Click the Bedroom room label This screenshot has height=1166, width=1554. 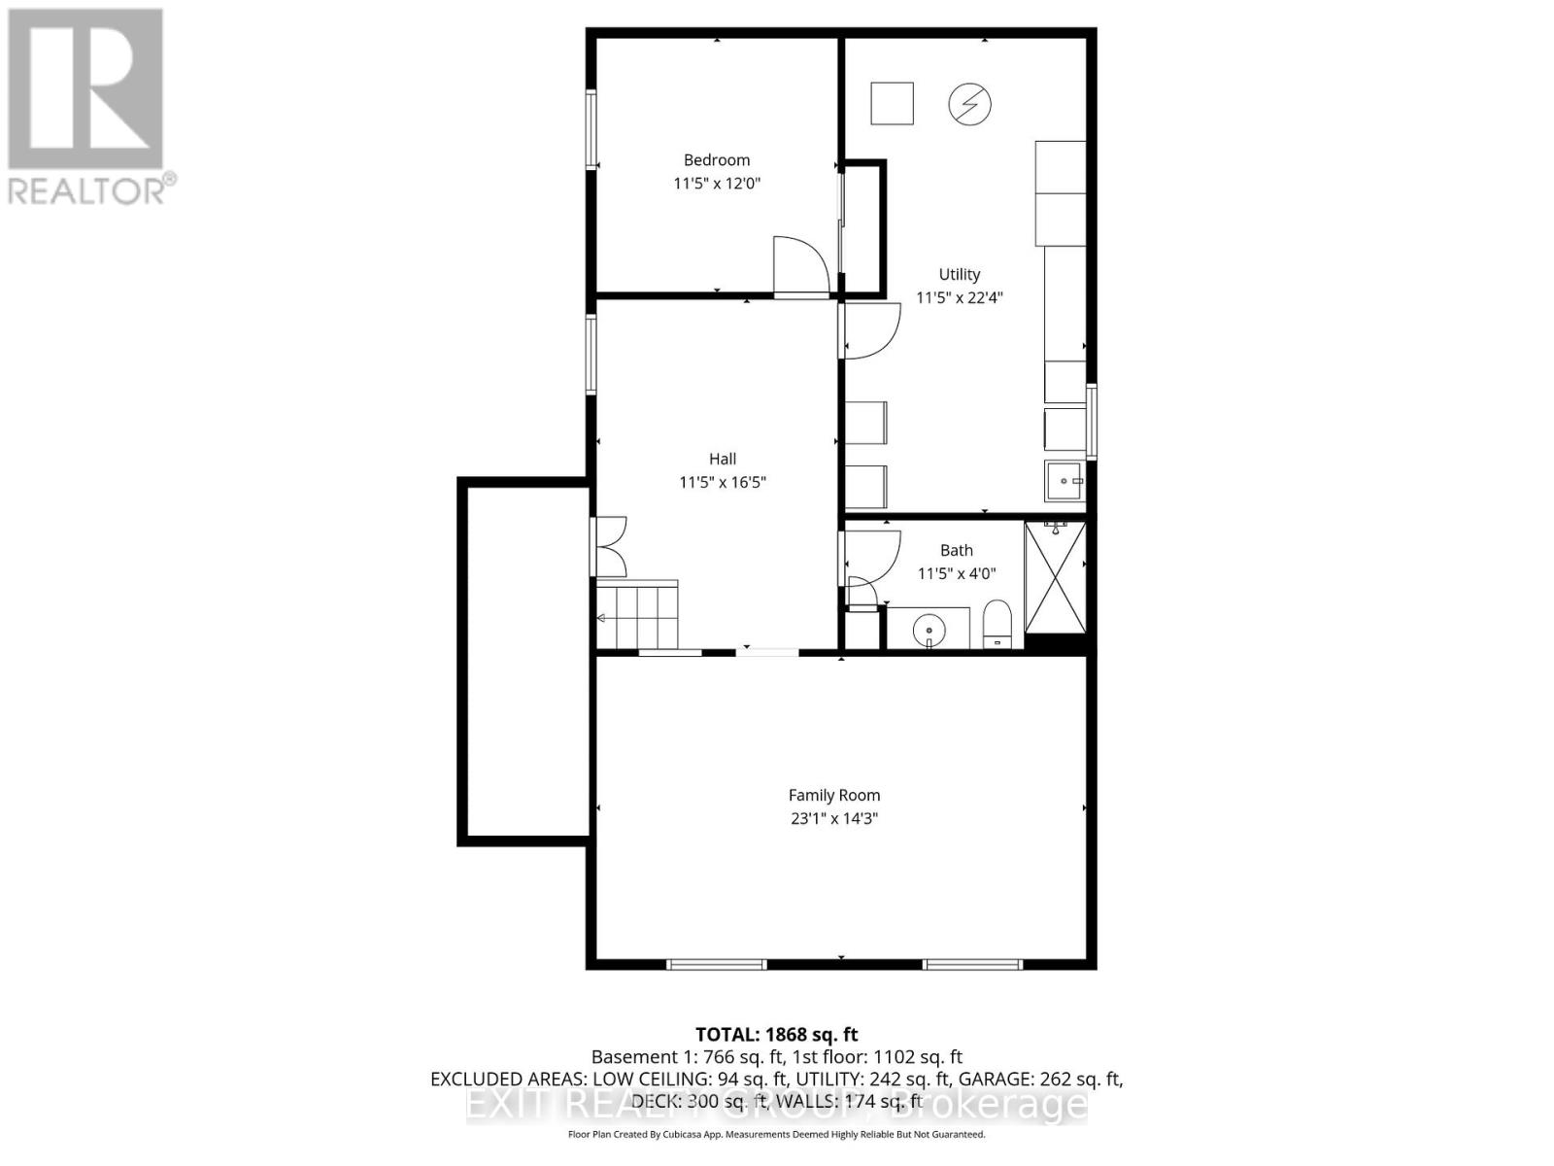pyautogui.click(x=717, y=160)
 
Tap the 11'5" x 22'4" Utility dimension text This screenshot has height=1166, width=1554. pyautogui.click(x=959, y=297)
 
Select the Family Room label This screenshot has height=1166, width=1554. pyautogui.click(x=833, y=795)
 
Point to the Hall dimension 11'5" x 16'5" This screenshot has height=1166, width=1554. pyautogui.click(x=723, y=482)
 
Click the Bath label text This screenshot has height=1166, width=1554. pyautogui.click(x=956, y=550)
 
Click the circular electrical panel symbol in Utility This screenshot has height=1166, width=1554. pyautogui.click(x=969, y=104)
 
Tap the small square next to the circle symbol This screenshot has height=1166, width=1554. pyautogui.click(x=892, y=104)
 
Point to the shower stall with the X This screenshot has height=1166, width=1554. pyautogui.click(x=1055, y=577)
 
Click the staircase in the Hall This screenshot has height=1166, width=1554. pyautogui.click(x=637, y=616)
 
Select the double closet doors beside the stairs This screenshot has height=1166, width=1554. pyautogui.click(x=611, y=546)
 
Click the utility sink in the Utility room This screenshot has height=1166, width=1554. pyautogui.click(x=1064, y=481)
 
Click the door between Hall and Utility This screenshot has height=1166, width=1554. pyautogui.click(x=870, y=329)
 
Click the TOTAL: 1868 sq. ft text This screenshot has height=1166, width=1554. pyautogui.click(x=776, y=1035)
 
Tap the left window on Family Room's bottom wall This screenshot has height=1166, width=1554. pyautogui.click(x=717, y=964)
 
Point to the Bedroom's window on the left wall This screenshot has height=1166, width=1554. pyautogui.click(x=591, y=129)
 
